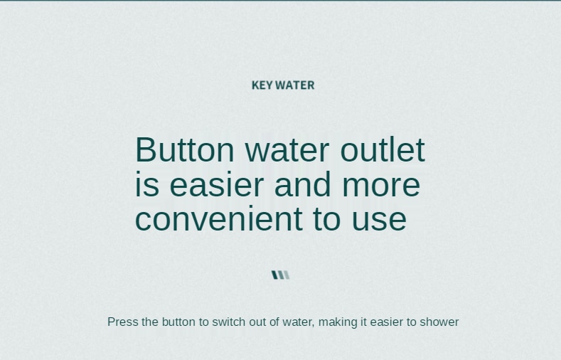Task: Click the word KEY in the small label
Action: [x=262, y=85]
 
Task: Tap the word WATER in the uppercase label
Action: [x=295, y=85]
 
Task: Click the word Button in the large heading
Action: [x=185, y=149]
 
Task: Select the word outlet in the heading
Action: [x=383, y=149]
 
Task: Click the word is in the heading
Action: [x=147, y=184]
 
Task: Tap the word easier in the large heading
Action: [x=216, y=184]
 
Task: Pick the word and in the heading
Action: [x=302, y=184]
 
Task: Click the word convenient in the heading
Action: [x=218, y=218]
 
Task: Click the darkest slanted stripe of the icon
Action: [x=275, y=275]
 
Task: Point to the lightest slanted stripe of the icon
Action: [x=287, y=275]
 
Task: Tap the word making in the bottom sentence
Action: [x=338, y=322]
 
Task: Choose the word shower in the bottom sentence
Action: [x=439, y=322]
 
